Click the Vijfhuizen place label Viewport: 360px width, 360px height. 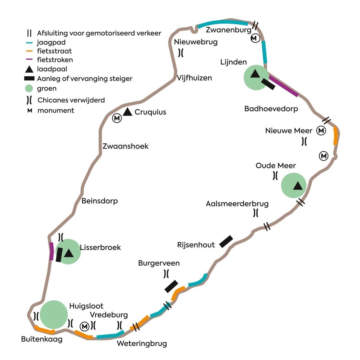[194, 78]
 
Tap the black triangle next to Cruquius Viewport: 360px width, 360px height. [128, 112]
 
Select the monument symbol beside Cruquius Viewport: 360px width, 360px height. [117, 118]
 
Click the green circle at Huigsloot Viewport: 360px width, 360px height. [54, 314]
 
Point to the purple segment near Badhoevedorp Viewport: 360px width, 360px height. [283, 86]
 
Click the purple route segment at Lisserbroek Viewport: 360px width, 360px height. [51, 251]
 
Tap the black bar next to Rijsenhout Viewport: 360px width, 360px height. [226, 241]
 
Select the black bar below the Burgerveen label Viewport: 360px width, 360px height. [171, 286]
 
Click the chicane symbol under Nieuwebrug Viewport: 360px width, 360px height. [181, 53]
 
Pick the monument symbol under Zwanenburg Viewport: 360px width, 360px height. [255, 38]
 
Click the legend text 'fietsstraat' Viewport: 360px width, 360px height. [54, 51]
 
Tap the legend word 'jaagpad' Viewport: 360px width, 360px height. [51, 42]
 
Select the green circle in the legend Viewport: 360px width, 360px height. [29, 89]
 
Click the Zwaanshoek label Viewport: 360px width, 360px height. [125, 146]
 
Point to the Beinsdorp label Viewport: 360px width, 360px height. [100, 201]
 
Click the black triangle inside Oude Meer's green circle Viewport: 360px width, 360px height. [298, 186]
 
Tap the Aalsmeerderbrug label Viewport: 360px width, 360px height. [237, 204]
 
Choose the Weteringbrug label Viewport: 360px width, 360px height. [142, 343]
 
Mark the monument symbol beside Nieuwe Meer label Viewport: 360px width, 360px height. [321, 131]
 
